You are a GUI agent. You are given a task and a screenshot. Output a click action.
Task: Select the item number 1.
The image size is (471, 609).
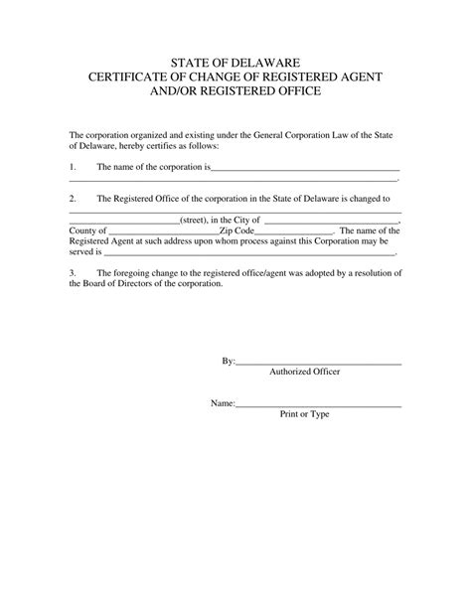click(x=73, y=166)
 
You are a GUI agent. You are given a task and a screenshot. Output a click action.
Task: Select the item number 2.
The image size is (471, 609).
click(x=73, y=198)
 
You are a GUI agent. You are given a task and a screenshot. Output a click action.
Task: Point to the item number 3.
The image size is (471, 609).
click(x=73, y=271)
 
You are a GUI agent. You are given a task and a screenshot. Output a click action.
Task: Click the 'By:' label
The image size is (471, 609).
click(x=228, y=361)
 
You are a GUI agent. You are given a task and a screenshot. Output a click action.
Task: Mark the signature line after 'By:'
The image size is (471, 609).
click(x=318, y=365)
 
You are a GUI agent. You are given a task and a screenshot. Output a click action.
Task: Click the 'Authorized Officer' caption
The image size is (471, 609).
click(x=304, y=372)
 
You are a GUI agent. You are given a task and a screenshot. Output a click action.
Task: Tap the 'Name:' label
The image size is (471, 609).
click(x=222, y=404)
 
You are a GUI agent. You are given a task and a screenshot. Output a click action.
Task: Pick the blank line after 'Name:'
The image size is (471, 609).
click(x=318, y=407)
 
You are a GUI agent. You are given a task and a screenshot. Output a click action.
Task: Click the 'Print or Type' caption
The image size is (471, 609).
click(x=304, y=414)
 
